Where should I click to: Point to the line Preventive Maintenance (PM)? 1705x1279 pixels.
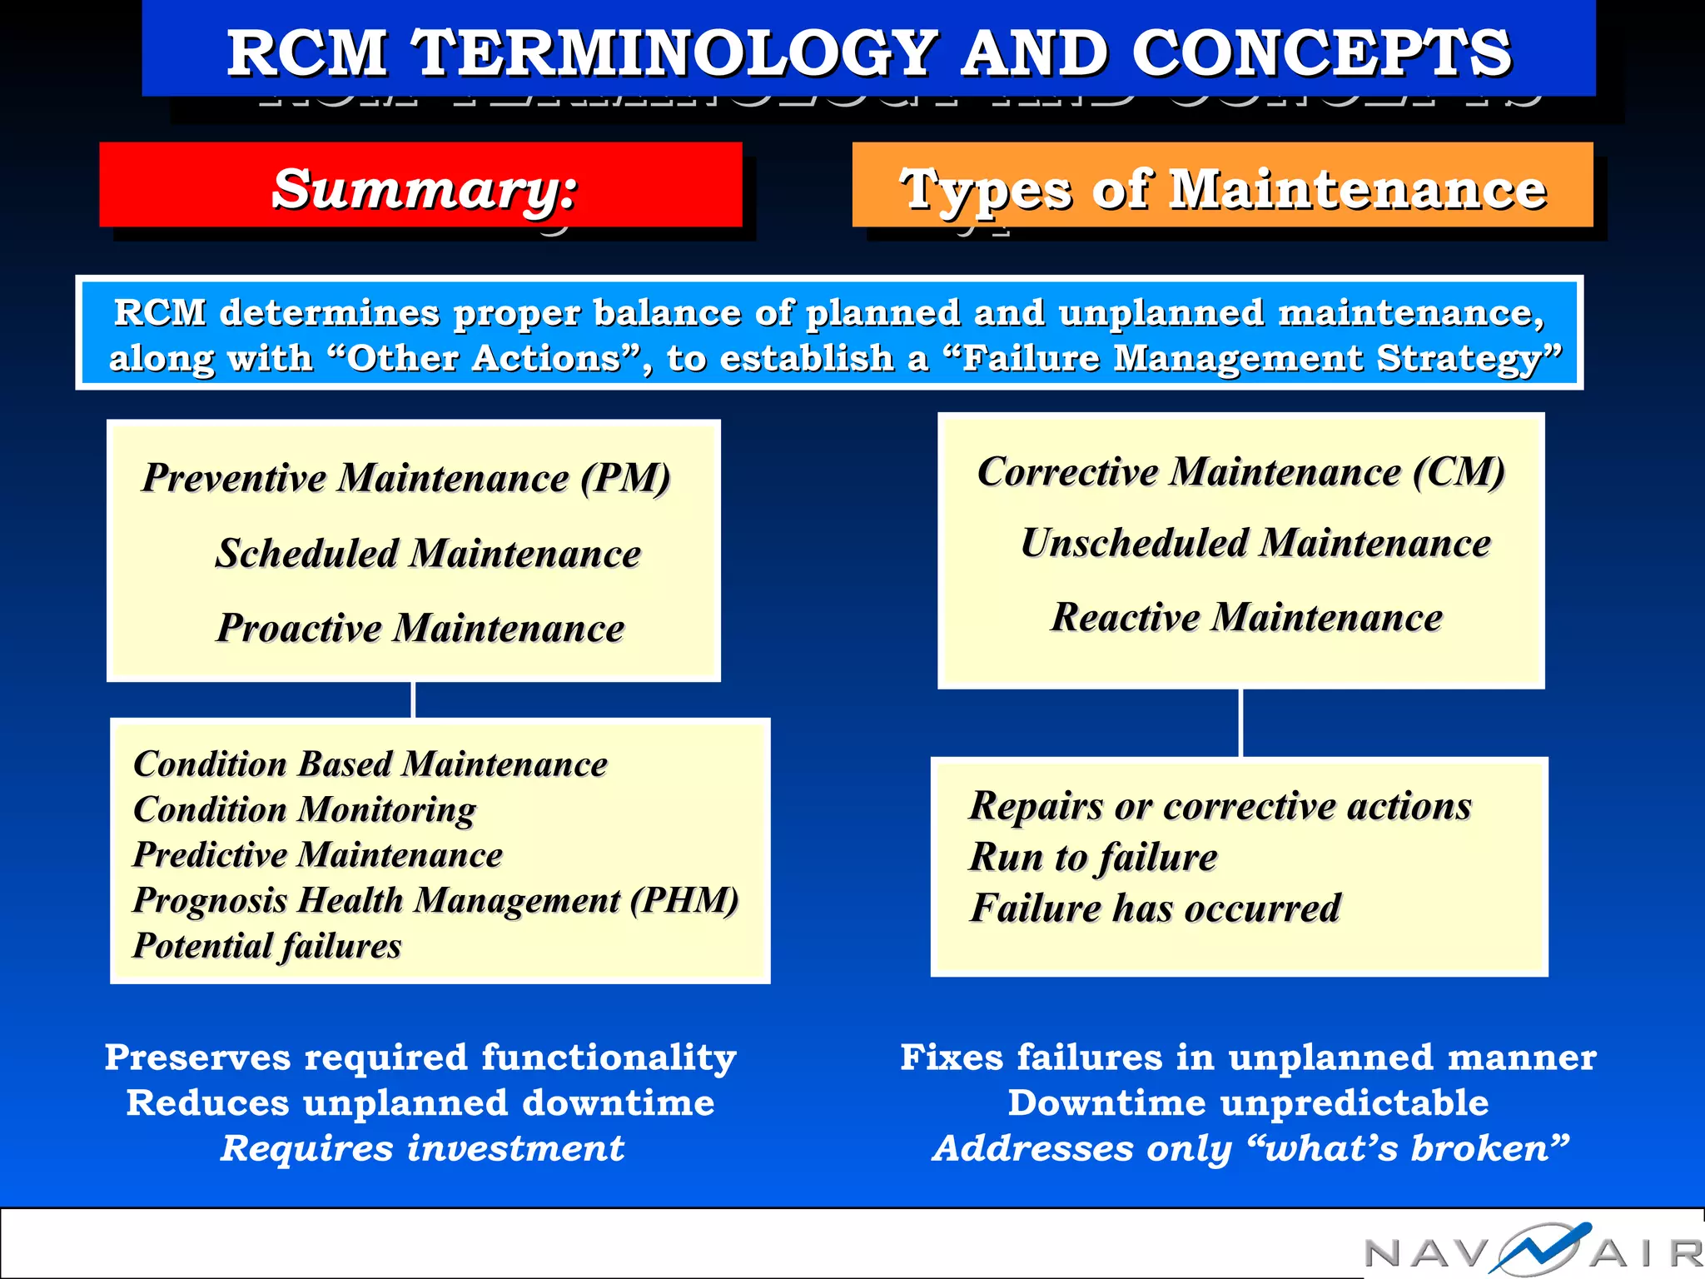coord(406,478)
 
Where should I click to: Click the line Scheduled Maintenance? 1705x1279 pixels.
coord(428,554)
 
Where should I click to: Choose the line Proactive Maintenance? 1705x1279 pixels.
coord(420,628)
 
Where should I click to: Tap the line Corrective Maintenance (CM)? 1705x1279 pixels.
coord(1240,472)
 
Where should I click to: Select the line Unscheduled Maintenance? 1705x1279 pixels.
coord(1255,543)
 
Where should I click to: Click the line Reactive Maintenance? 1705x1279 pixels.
coord(1246,618)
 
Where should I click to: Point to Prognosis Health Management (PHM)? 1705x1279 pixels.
coord(435,901)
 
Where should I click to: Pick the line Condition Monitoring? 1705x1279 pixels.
coord(305,809)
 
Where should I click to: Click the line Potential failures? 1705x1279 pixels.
coord(267,946)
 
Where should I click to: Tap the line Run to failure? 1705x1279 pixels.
coord(1093,858)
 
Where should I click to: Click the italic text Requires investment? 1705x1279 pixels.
coord(422,1148)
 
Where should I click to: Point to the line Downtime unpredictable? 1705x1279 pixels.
coord(1248,1103)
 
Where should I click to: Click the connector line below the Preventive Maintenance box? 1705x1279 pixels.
coord(414,699)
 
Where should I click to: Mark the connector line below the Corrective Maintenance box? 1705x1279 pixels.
coord(1241,723)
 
